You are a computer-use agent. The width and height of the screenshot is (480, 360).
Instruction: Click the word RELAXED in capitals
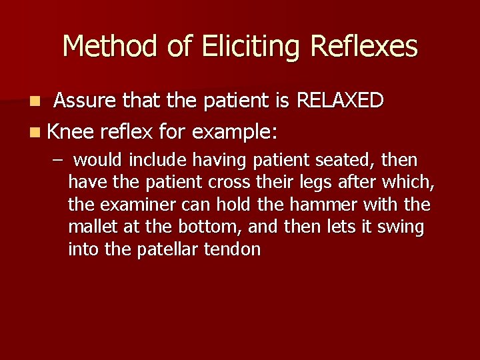pyautogui.click(x=340, y=101)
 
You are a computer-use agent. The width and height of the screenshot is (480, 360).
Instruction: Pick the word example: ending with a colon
pyautogui.click(x=234, y=132)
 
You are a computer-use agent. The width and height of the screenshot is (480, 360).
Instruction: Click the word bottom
pyautogui.click(x=211, y=227)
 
